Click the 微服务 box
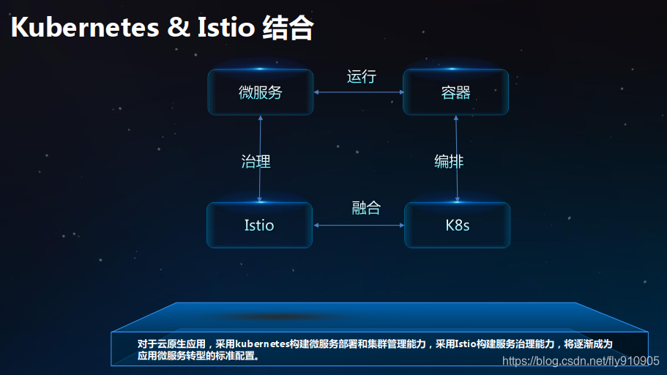coord(260,92)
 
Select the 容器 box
coord(455,92)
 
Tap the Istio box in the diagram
coord(259,225)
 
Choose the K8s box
coord(458,225)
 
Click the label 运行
coord(361,76)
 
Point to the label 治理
coord(256,161)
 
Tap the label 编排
coord(448,161)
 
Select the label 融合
coord(366,208)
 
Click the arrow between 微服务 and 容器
coord(358,92)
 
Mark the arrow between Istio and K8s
coord(358,225)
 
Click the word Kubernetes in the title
coord(85,28)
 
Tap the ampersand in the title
coord(178,28)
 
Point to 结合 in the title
coord(287,28)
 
